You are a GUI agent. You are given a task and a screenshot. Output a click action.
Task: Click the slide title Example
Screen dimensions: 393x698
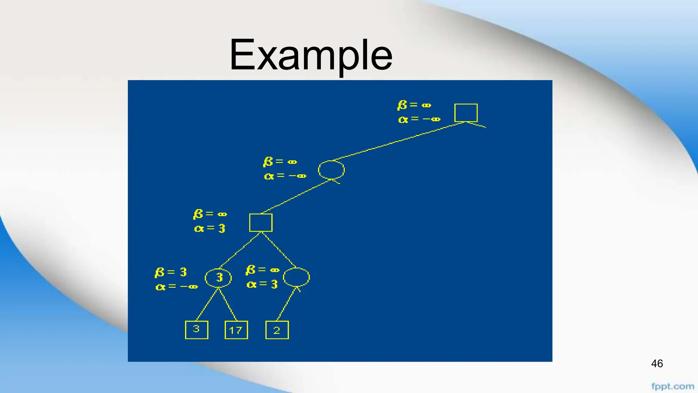pyautogui.click(x=311, y=55)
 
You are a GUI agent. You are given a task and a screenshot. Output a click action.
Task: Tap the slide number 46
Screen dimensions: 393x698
pyautogui.click(x=657, y=364)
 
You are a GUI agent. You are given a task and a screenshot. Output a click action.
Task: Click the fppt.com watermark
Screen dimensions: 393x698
pyautogui.click(x=672, y=387)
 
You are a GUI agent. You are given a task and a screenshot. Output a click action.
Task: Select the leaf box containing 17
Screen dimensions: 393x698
pyautogui.click(x=236, y=330)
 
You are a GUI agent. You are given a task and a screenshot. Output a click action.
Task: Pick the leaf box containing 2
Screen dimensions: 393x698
pyautogui.click(x=277, y=330)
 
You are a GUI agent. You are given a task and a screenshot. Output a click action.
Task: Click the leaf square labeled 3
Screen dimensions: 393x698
pyautogui.click(x=196, y=330)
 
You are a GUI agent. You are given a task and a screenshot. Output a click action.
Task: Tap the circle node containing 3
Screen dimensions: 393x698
pyautogui.click(x=218, y=278)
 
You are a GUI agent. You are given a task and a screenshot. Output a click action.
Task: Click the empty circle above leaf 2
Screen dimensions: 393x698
pyautogui.click(x=296, y=277)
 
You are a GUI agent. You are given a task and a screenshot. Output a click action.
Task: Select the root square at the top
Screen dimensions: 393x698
pyautogui.click(x=466, y=113)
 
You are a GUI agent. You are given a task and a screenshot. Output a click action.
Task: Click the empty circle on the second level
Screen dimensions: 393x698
pyautogui.click(x=331, y=170)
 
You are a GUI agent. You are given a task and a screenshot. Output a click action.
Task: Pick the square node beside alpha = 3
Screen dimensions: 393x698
pyautogui.click(x=261, y=222)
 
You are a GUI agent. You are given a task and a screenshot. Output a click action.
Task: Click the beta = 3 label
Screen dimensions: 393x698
pyautogui.click(x=171, y=272)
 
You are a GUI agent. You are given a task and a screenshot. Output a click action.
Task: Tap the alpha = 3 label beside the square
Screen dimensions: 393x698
pyautogui.click(x=210, y=228)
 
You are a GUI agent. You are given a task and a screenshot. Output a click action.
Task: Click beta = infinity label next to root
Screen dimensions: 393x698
pyautogui.click(x=414, y=105)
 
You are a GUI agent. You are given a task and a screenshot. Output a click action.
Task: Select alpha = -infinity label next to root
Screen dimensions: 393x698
pyautogui.click(x=419, y=119)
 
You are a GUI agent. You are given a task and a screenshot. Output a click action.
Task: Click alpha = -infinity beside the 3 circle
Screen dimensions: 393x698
pyautogui.click(x=176, y=287)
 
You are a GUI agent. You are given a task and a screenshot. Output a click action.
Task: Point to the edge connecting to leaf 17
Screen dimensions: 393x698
pyautogui.click(x=228, y=305)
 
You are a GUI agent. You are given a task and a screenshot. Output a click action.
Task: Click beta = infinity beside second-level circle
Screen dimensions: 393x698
pyautogui.click(x=280, y=162)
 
